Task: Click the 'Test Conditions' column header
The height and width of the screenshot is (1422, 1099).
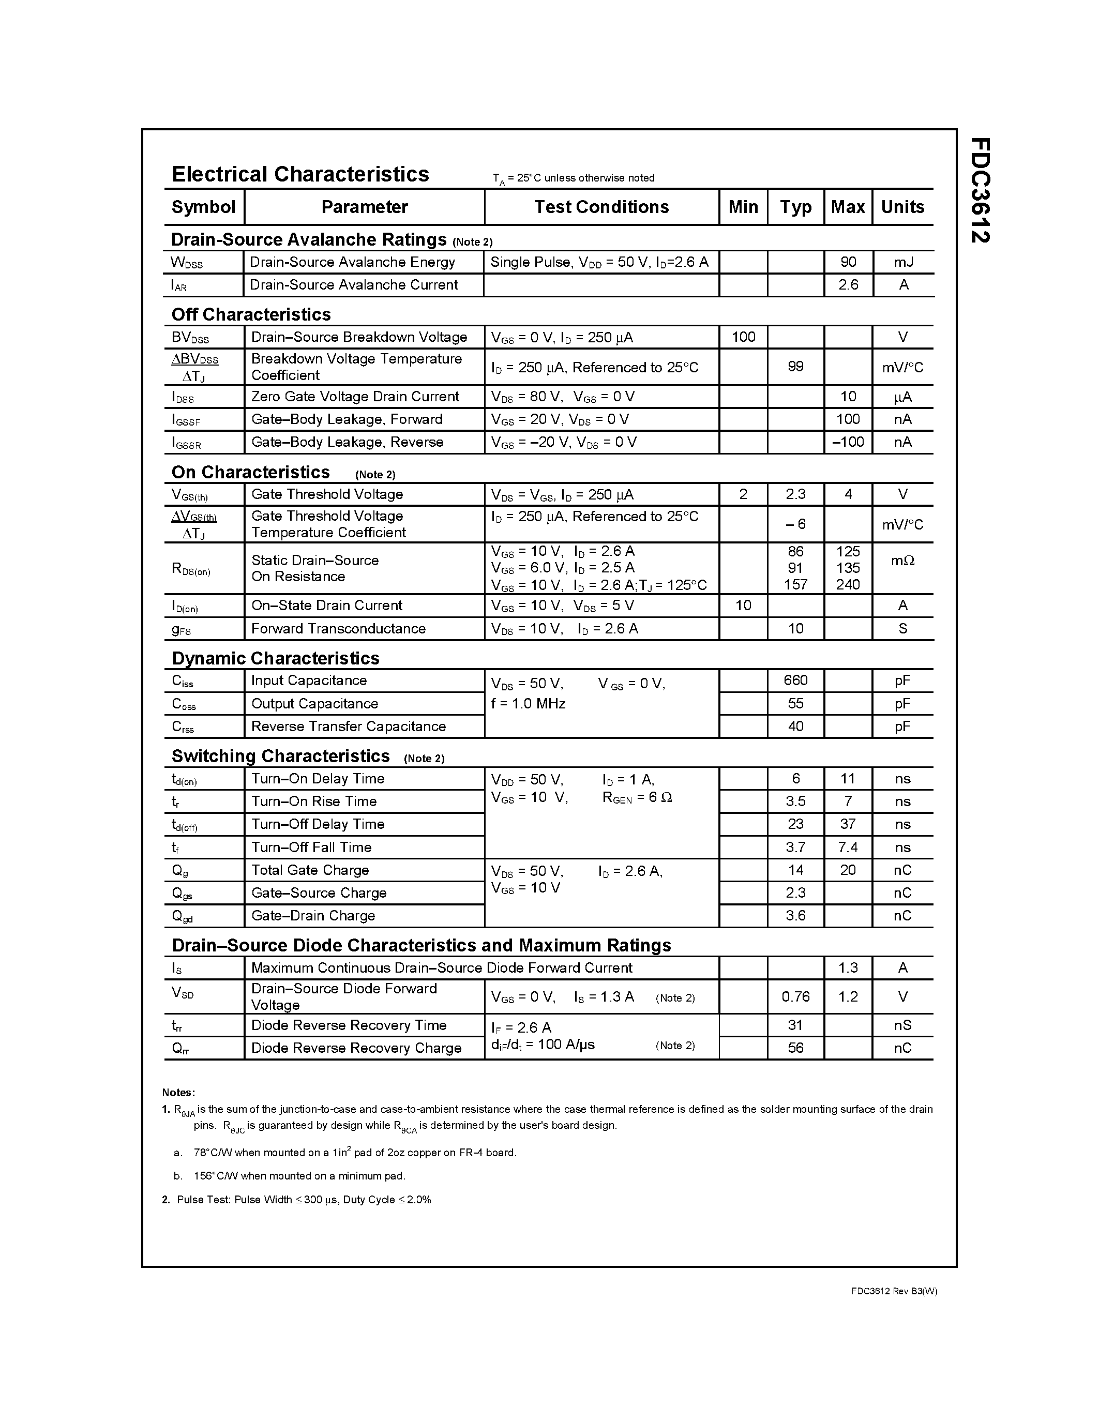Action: [x=601, y=207]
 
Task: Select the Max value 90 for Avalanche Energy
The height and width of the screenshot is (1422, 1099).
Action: [x=848, y=262]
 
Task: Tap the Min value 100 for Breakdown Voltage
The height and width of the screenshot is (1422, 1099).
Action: [x=743, y=337]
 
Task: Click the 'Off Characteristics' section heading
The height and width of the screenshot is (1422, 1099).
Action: [x=251, y=314]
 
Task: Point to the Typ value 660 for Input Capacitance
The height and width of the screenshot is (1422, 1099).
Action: [x=795, y=680]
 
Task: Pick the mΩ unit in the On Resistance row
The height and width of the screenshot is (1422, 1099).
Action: [x=902, y=560]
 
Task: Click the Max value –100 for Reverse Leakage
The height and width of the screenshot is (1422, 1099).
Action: [x=848, y=442]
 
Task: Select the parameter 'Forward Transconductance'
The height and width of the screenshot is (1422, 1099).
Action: [x=338, y=628]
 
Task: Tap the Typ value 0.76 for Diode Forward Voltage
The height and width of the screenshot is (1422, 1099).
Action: [x=795, y=997]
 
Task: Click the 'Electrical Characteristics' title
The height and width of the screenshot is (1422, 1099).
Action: [x=300, y=174]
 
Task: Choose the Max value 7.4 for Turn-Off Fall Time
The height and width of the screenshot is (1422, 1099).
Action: [x=848, y=847]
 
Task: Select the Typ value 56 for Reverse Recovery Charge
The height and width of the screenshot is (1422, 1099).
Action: [x=795, y=1048]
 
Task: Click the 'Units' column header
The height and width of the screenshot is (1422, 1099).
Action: [x=902, y=207]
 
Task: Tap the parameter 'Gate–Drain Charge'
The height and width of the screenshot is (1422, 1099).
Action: [x=313, y=915]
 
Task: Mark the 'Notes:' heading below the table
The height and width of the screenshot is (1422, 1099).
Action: [x=178, y=1093]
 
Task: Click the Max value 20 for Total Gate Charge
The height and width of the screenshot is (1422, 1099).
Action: [x=848, y=870]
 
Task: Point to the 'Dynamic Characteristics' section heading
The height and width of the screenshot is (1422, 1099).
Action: [x=276, y=658]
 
